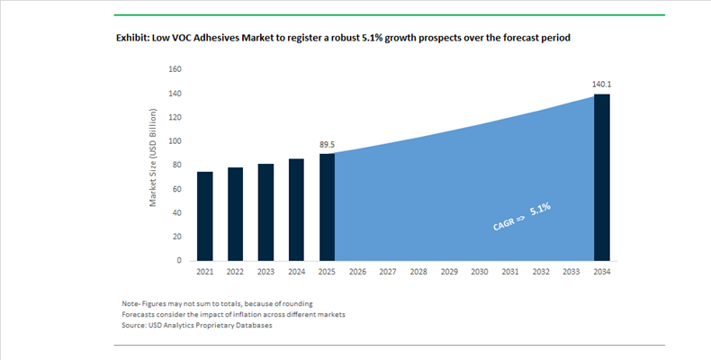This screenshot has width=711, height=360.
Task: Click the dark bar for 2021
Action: tap(205, 216)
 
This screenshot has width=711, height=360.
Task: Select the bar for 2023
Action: tap(266, 211)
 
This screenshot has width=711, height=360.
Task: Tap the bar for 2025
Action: tap(328, 207)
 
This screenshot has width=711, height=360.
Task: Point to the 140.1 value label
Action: tap(601, 84)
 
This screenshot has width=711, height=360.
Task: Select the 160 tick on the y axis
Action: tap(175, 69)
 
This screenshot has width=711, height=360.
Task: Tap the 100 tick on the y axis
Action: tap(175, 141)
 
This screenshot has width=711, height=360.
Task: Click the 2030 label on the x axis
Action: tap(480, 272)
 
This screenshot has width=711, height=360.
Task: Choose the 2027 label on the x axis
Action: tap(388, 272)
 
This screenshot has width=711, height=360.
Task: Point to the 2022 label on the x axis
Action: tap(236, 272)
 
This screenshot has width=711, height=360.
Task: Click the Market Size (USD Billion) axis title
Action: tap(154, 158)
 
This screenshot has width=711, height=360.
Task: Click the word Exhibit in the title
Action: tap(135, 38)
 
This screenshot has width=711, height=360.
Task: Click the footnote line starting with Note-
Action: tap(217, 303)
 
